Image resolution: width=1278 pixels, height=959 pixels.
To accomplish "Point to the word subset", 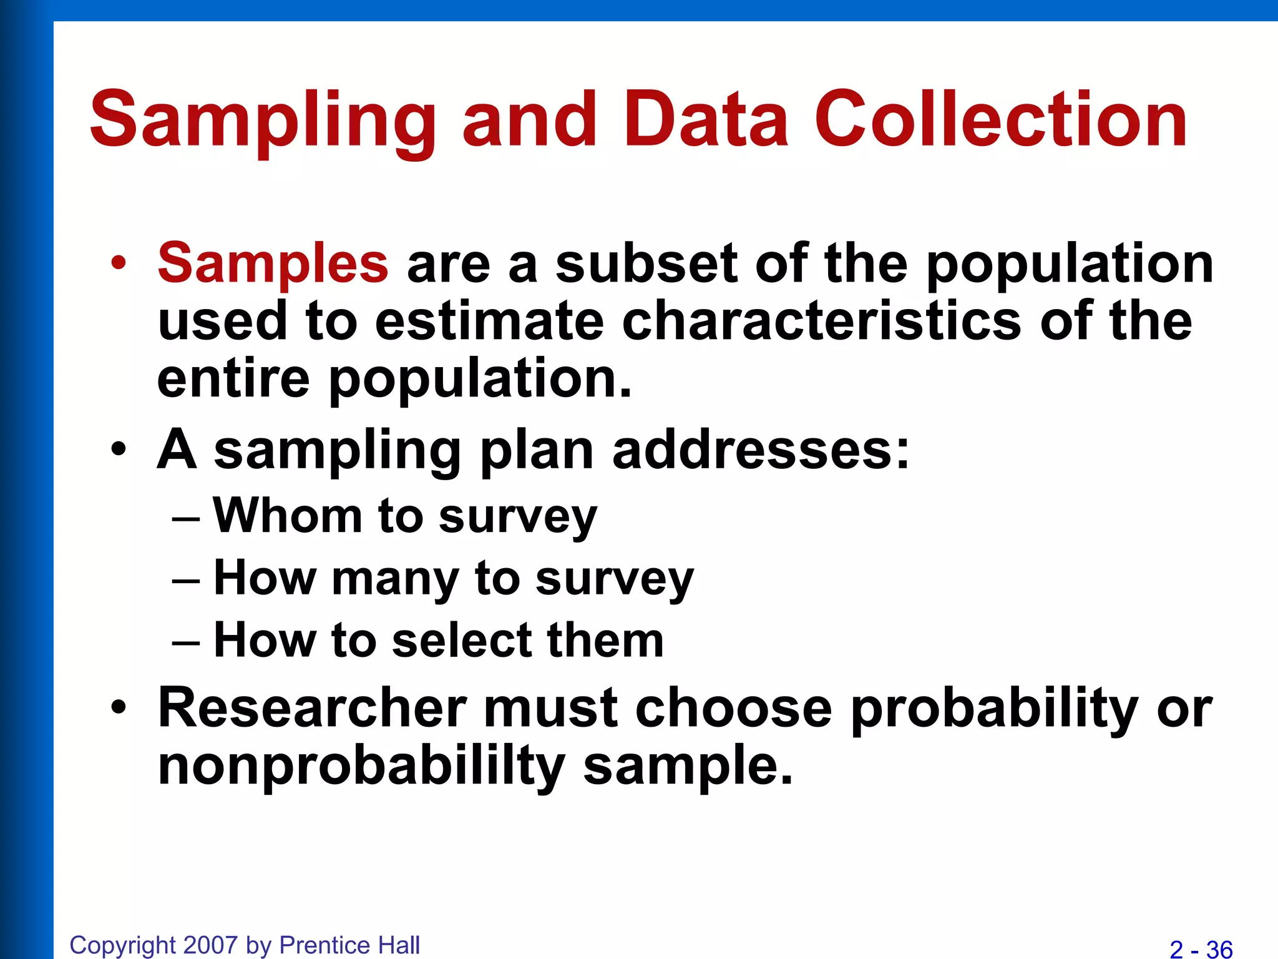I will pyautogui.click(x=646, y=263).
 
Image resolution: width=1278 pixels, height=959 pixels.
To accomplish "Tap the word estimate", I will pyautogui.click(x=489, y=321).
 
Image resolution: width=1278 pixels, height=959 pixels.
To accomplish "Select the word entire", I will pyautogui.click(x=233, y=378).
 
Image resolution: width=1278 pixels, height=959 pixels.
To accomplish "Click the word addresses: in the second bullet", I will pyautogui.click(x=761, y=450).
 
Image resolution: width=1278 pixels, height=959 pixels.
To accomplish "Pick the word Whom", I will pyautogui.click(x=288, y=516).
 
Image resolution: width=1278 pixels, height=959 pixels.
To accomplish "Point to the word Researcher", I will pyautogui.click(x=312, y=708).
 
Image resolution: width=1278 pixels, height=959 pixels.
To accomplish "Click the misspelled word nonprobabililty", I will pyautogui.click(x=361, y=767).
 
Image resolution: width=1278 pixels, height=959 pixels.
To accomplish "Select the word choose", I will pyautogui.click(x=734, y=708).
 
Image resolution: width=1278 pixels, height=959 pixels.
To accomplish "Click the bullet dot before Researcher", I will pyautogui.click(x=119, y=708).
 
